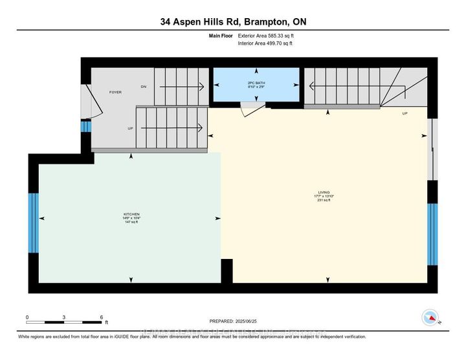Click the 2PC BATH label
click(x=257, y=83)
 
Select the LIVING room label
click(x=324, y=192)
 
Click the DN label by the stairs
click(x=143, y=85)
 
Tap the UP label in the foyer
click(x=130, y=128)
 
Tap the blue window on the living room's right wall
click(x=432, y=234)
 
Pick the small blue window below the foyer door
click(x=84, y=127)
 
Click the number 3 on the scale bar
click(x=64, y=317)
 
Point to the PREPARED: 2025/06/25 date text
click(x=233, y=321)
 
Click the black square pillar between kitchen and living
click(x=227, y=270)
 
